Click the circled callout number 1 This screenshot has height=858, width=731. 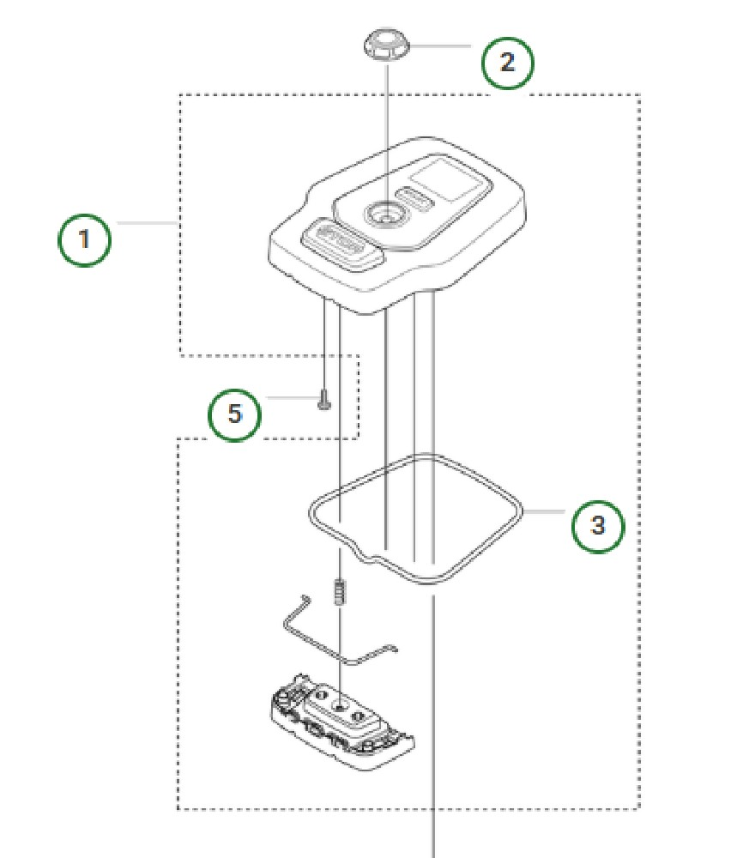[84, 239]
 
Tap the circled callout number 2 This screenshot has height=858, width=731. [507, 62]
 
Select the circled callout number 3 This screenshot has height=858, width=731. [598, 524]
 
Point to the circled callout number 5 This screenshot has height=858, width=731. [235, 414]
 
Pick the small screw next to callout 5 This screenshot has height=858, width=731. [324, 399]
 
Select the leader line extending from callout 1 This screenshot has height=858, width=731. [146, 223]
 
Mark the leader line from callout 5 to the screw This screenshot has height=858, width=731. [289, 397]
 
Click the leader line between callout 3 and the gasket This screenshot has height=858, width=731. [544, 511]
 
